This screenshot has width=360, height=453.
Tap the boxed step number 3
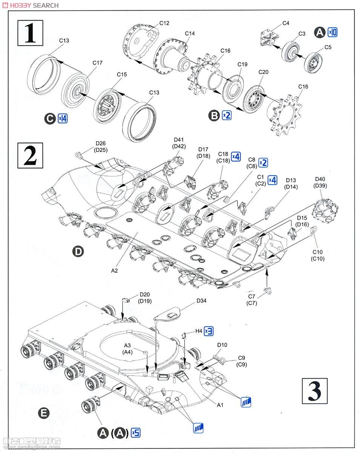[315, 391]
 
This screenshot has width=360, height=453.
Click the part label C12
[164, 23]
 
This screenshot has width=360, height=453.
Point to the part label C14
[190, 34]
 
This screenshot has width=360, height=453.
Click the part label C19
[242, 65]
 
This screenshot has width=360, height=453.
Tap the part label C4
[286, 23]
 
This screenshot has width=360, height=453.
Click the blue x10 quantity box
[332, 32]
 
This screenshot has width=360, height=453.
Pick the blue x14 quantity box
[63, 119]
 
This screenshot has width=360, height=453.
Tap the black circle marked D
[78, 252]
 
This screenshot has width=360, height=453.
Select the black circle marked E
[44, 413]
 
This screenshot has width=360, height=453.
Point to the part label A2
[115, 270]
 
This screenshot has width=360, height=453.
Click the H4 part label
[198, 331]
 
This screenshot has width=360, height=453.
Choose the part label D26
[101, 143]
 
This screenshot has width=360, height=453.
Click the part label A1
[220, 405]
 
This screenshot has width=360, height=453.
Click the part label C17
[97, 63]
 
